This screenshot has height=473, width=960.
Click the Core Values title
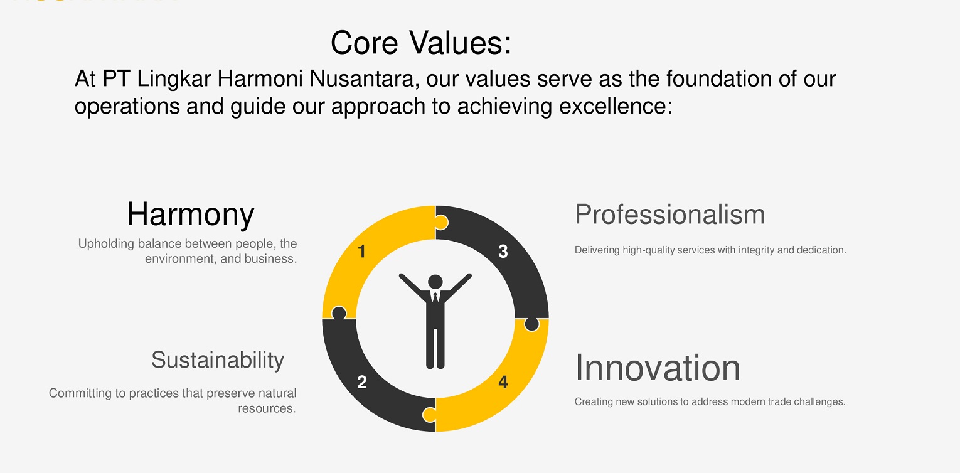pos(421,43)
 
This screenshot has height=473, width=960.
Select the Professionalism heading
pos(669,214)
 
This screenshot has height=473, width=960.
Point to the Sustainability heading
pos(218,361)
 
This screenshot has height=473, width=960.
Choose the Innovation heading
pos(658,368)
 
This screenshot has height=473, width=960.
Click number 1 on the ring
pos(361,252)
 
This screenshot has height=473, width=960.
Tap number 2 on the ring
pos(362,382)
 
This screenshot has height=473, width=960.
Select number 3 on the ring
pos(503,252)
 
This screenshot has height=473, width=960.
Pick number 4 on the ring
pos(503,382)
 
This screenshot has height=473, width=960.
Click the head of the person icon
pos(435,282)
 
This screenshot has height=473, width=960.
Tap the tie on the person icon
pos(435,297)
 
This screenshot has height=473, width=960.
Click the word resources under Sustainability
pos(267,408)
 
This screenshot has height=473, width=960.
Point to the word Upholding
pos(106,244)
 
